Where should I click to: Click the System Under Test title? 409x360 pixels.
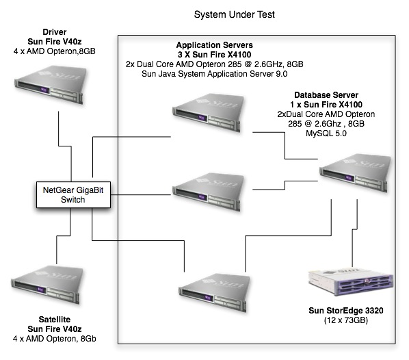tap(234, 14)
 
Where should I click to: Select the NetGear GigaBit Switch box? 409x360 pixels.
tap(73, 195)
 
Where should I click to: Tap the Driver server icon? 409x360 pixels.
tap(51, 85)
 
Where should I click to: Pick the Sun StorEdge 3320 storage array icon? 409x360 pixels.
tap(351, 283)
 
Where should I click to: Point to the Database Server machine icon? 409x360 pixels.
tap(355, 173)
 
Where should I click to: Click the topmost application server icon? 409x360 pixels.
tap(209, 113)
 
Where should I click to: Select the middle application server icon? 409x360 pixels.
tap(209, 192)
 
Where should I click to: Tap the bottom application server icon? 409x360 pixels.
tap(214, 293)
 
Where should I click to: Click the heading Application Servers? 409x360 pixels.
tap(214, 45)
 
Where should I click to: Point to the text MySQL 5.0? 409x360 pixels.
tap(326, 133)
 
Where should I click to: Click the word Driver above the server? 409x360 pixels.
tap(54, 32)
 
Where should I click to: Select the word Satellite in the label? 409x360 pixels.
tap(54, 319)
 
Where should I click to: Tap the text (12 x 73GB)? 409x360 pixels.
tap(346, 320)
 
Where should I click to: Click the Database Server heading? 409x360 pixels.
tap(326, 94)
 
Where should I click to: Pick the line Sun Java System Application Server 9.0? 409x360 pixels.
tap(214, 74)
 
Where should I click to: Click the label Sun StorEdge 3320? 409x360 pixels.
tap(346, 311)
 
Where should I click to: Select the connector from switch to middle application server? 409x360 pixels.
tap(141, 194)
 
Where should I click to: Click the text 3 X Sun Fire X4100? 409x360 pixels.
tap(214, 55)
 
